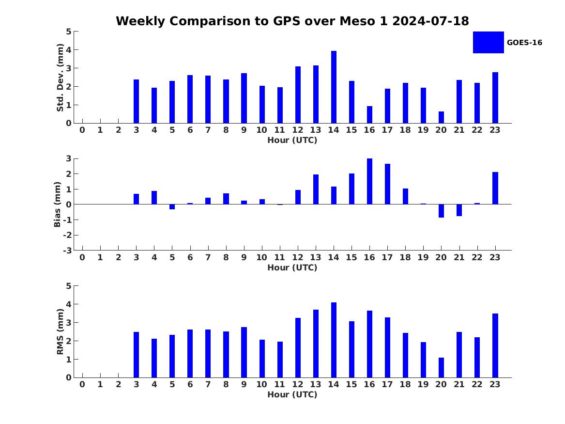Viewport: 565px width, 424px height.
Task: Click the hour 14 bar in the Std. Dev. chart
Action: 334,87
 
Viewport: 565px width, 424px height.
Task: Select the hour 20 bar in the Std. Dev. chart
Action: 441,117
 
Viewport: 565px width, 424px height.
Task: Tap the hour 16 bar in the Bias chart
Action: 369,181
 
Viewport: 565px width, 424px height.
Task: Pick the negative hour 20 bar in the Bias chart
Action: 441,211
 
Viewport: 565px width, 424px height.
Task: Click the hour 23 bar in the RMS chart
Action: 495,345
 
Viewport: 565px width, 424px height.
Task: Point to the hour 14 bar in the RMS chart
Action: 334,340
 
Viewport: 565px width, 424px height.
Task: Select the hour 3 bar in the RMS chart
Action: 136,355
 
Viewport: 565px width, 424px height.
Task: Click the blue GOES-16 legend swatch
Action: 488,42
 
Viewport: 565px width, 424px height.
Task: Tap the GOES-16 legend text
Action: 524,43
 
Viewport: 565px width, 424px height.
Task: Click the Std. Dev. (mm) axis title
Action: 61,78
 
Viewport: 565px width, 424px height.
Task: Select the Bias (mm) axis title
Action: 58,204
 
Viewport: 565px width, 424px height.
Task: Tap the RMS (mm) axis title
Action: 61,332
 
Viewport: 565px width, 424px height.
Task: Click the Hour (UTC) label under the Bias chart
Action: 292,267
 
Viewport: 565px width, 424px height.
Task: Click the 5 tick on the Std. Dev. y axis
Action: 69,31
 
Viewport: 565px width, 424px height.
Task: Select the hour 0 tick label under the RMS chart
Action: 82,385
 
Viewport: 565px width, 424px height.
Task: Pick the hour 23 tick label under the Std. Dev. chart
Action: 495,130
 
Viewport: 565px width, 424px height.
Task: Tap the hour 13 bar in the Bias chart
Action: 316,189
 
